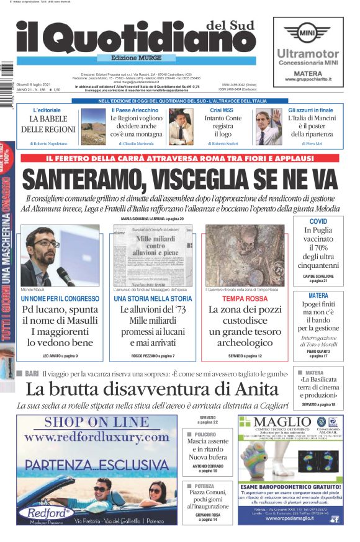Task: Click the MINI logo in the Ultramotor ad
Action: [307, 32]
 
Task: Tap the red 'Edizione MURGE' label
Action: [137, 58]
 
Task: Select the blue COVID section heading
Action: [318, 221]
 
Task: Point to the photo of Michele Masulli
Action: [60, 255]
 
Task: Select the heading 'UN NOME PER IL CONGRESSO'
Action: [60, 299]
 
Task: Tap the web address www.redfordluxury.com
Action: [97, 437]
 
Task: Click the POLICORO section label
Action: [204, 435]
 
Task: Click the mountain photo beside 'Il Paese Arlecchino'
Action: [94, 126]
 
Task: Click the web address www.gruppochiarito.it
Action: [307, 79]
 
